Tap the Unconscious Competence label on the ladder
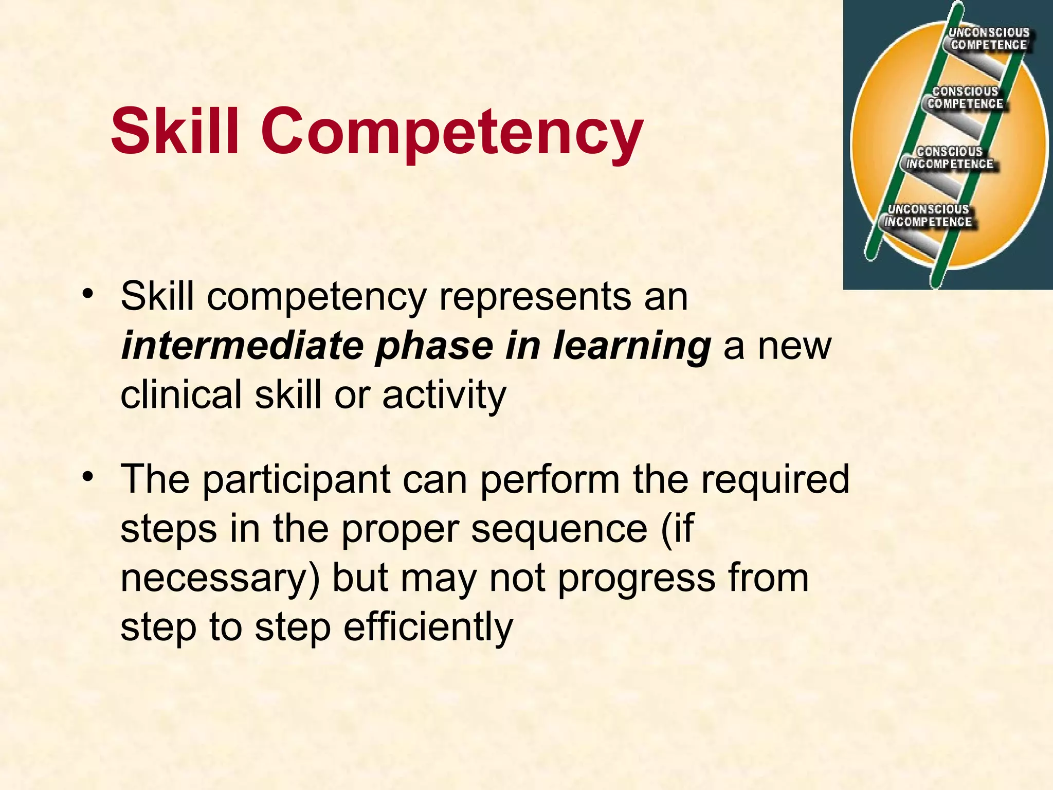988,39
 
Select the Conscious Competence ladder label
965,98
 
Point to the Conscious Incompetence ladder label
950,158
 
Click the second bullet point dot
88,477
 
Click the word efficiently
428,627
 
